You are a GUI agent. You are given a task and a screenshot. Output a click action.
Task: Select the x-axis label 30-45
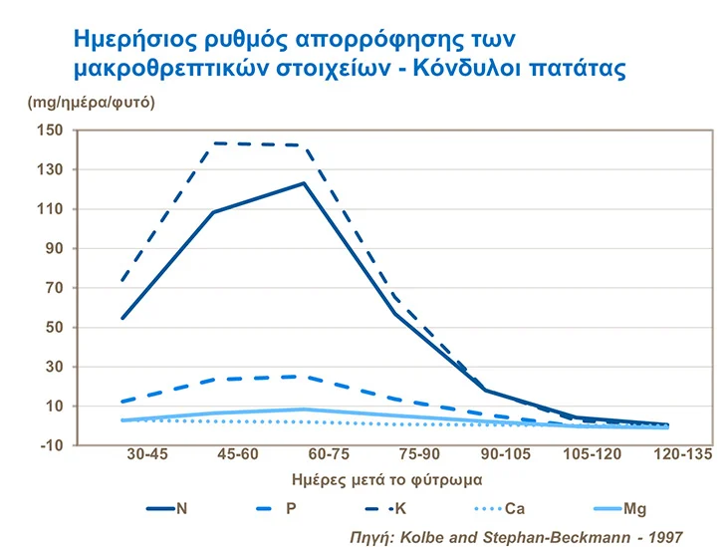(x=147, y=454)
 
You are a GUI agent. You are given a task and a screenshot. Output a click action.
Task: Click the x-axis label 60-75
(x=303, y=454)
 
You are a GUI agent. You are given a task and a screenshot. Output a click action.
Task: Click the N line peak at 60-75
(x=303, y=183)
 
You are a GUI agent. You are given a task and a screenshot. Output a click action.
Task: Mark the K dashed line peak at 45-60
(x=213, y=143)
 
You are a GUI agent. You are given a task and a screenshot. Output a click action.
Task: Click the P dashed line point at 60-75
(x=303, y=377)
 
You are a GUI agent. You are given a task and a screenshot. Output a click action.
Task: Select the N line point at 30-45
(x=122, y=318)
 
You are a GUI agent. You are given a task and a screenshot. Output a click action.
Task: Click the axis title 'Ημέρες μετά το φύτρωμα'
(x=376, y=478)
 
